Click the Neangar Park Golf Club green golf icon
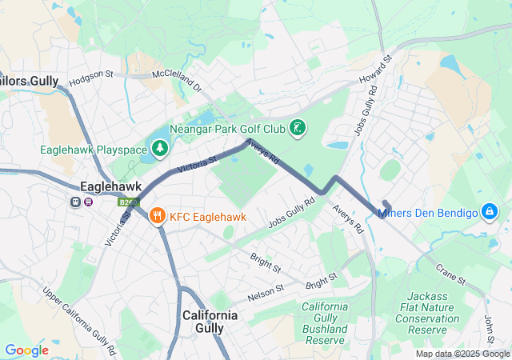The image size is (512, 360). [298, 129]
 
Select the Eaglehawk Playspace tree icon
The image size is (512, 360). [161, 148]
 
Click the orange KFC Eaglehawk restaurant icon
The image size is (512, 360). [157, 215]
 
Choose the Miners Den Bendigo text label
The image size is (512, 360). [427, 213]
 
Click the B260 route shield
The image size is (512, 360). [128, 202]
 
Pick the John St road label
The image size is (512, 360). [490, 330]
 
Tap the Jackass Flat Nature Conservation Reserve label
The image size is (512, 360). [433, 313]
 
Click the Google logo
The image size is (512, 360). [27, 350]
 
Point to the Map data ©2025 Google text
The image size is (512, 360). [462, 354]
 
